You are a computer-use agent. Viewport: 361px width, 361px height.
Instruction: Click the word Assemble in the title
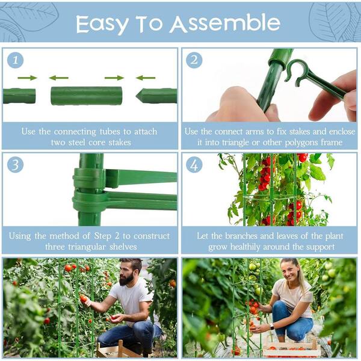coord(225,23)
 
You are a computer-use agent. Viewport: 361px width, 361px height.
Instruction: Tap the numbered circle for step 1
coord(15,60)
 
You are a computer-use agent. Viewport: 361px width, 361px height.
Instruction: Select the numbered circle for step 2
coord(194,60)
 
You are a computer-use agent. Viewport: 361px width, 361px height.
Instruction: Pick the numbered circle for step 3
coord(15,165)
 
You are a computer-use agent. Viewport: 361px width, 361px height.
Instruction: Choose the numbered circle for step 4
coord(194,165)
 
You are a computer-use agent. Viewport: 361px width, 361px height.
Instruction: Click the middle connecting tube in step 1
coord(86,96)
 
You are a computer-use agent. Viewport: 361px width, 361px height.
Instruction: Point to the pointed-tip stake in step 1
coord(156,96)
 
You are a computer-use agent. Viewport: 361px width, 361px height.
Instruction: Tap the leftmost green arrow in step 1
coord(28,78)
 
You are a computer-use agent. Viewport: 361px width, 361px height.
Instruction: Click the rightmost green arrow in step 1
coord(146,78)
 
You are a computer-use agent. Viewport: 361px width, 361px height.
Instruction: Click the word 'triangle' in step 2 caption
coord(236,143)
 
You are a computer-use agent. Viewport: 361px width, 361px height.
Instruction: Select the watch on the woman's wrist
coord(271,327)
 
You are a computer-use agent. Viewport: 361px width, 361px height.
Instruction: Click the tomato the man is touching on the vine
coord(84,299)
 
